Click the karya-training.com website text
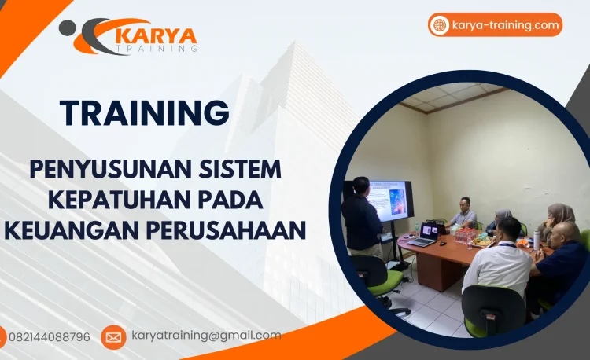click(x=506, y=25)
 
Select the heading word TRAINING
click(x=145, y=113)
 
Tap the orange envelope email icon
click(x=113, y=337)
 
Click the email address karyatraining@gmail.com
click(x=206, y=336)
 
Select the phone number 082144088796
click(x=49, y=337)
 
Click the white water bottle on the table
click(x=537, y=239)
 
